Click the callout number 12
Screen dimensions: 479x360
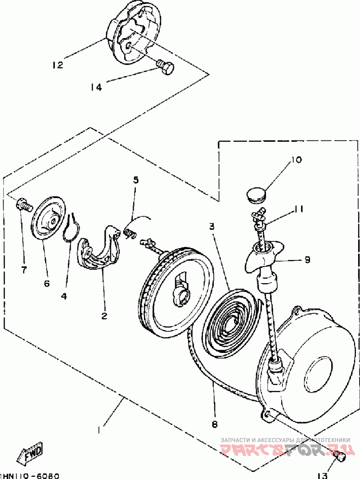click(57, 65)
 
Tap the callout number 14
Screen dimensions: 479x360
click(96, 87)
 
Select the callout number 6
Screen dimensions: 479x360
click(47, 284)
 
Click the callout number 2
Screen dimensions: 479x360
click(104, 316)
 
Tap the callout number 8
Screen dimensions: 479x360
click(214, 424)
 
